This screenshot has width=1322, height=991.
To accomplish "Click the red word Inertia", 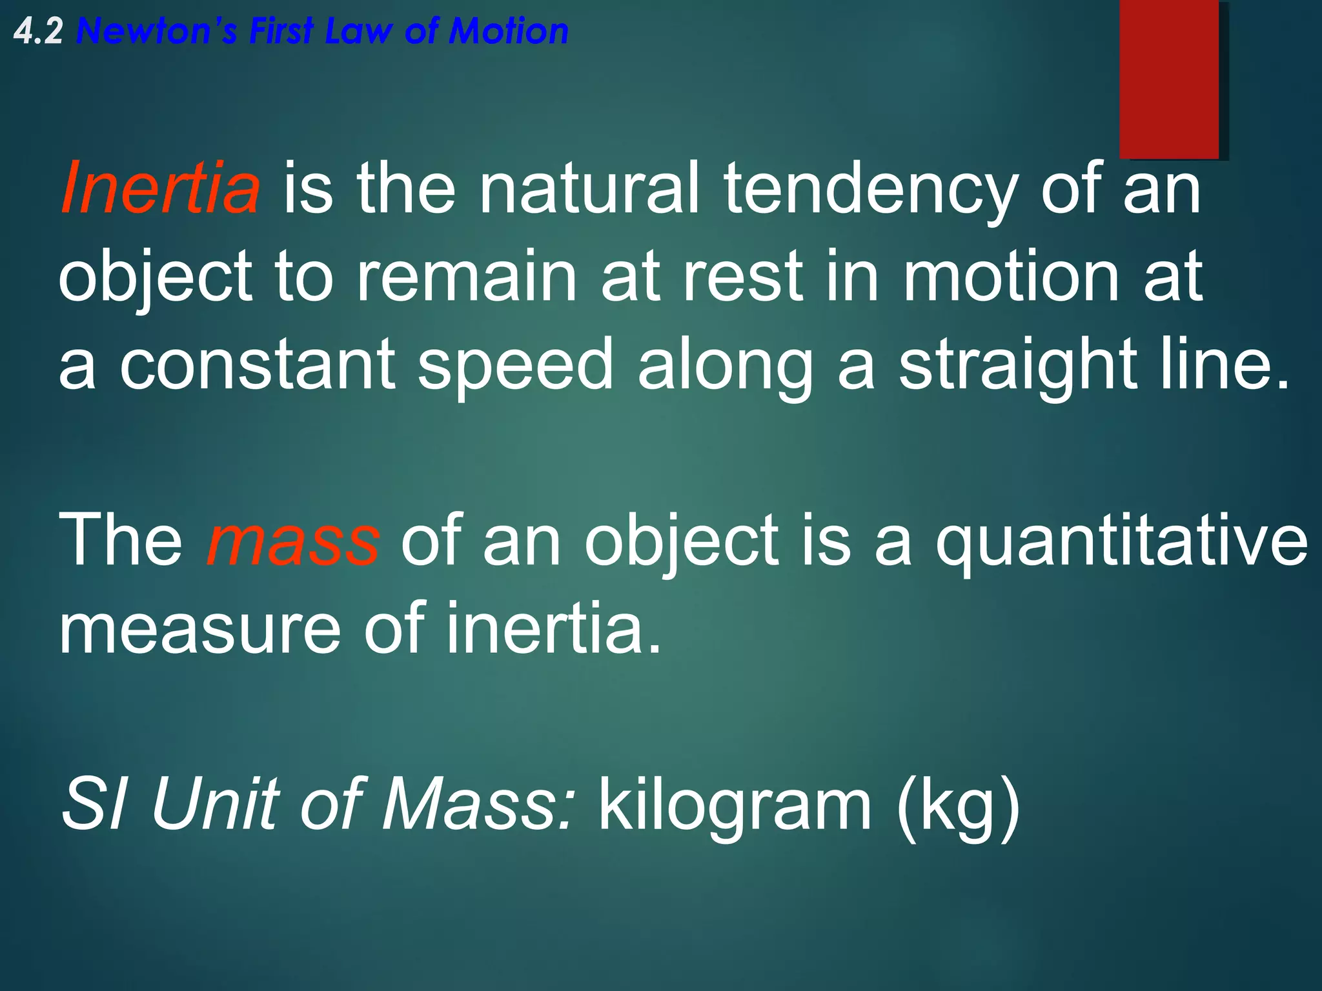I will coord(161,188).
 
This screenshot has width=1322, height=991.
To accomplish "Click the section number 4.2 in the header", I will coord(38,32).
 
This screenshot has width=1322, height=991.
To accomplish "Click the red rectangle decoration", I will coord(1168,79).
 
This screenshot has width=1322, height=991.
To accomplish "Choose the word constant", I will coord(258,365).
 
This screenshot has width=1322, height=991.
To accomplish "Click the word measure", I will coord(200,628).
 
